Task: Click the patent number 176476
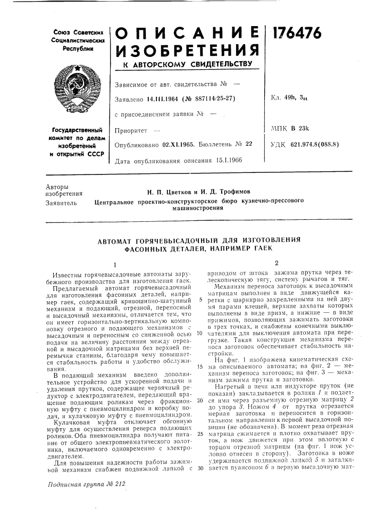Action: tap(298, 33)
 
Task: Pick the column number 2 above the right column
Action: tap(277, 263)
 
